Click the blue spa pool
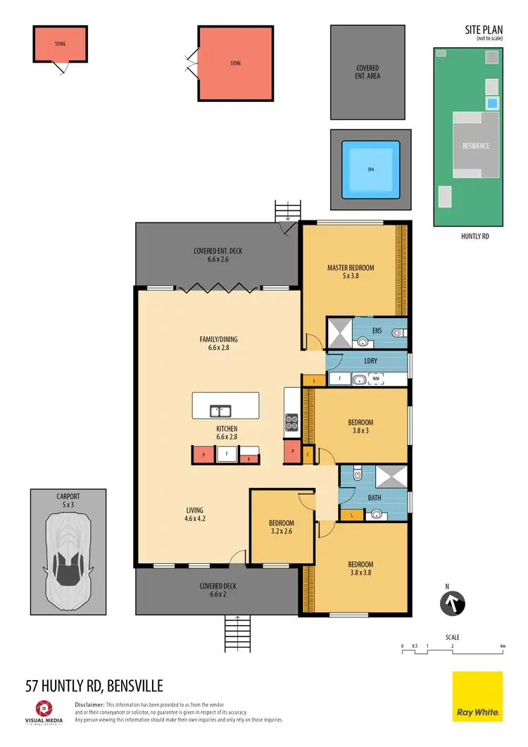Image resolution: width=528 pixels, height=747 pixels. coord(371,170)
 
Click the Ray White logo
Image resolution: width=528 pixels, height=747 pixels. coord(477,697)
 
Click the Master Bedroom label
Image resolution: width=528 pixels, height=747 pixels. coord(351,271)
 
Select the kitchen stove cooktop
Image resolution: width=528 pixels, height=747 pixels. coord(292,422)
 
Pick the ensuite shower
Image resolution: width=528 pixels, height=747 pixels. coord(339,332)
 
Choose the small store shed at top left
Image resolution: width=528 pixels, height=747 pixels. coord(61,44)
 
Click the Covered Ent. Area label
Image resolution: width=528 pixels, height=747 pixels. coord(367,72)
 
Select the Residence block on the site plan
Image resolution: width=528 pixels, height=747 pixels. coord(476,146)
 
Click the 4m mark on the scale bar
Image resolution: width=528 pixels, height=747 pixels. coord(503,646)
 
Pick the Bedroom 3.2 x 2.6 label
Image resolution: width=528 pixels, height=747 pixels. coord(281,527)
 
